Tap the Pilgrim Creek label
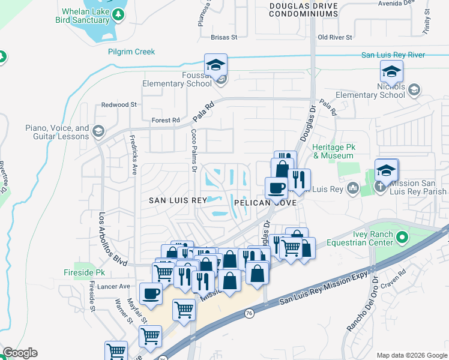pyautogui.click(x=131, y=52)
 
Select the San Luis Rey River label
pyautogui.click(x=393, y=55)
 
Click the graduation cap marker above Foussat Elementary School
pyautogui.click(x=215, y=66)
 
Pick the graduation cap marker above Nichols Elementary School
pyautogui.click(x=391, y=73)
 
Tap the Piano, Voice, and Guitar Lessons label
pyautogui.click(x=57, y=132)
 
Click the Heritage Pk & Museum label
pyautogui.click(x=333, y=151)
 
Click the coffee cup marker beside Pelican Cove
pyautogui.click(x=276, y=188)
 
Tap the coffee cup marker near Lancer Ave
pyautogui.click(x=151, y=294)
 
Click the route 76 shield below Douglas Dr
pyautogui.click(x=249, y=313)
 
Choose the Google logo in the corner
pyautogui.click(x=20, y=353)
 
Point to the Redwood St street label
pyautogui.click(x=119, y=104)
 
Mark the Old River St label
pyautogui.click(x=335, y=37)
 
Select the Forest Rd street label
pyautogui.click(x=166, y=120)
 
